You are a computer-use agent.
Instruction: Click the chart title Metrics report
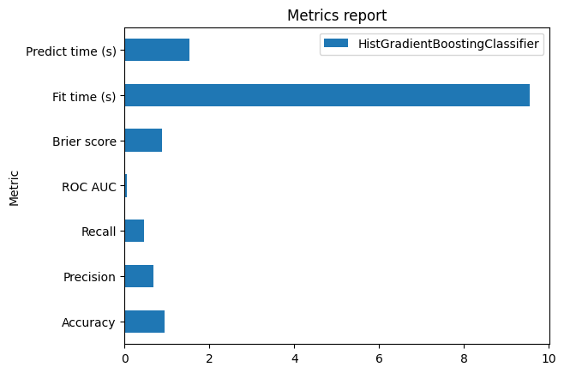pos(336,15)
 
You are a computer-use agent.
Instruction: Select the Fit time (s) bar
pos(327,95)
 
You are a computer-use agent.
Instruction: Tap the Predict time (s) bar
pos(157,50)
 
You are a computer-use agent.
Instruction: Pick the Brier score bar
pos(143,141)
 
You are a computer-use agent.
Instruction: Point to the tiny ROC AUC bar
pos(126,186)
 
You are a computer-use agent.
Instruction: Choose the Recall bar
pos(135,232)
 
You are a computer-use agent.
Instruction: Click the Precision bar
pos(139,276)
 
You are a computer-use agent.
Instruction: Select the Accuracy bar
pos(145,322)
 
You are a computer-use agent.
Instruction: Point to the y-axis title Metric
pos(14,186)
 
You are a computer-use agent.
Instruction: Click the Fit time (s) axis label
pos(84,95)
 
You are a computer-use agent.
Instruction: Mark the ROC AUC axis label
pos(89,186)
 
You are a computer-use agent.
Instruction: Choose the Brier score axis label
pos(85,141)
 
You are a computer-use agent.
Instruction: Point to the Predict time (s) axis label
pos(71,51)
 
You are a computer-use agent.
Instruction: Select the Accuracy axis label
pos(89,322)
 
